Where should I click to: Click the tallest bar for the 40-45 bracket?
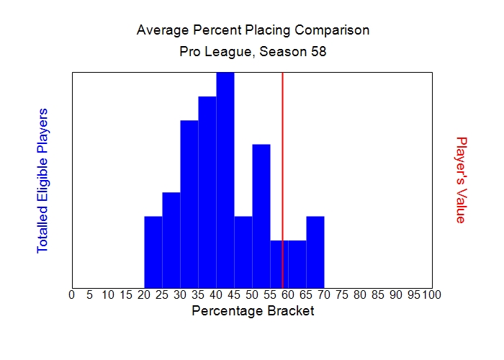tap(225, 180)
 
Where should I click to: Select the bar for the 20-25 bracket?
tap(153, 252)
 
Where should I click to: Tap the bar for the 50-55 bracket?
tap(261, 216)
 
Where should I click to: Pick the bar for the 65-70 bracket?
tap(315, 252)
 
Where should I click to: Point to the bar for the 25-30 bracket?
tap(171, 240)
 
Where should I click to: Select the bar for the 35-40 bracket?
tap(207, 192)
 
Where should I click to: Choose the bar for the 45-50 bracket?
tap(243, 252)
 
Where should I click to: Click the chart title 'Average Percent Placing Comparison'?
tap(253, 30)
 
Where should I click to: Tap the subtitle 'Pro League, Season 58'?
tap(253, 52)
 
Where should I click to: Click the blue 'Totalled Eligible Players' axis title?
tap(42, 180)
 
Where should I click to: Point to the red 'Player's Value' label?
tap(462, 180)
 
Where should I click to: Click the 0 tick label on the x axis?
tap(71, 294)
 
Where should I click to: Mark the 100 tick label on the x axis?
tap(431, 294)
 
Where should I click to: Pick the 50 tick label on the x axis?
tap(252, 294)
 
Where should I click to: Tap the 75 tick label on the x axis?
tap(342, 294)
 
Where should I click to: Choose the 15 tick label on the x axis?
tap(126, 294)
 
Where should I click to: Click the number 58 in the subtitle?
tap(319, 52)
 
